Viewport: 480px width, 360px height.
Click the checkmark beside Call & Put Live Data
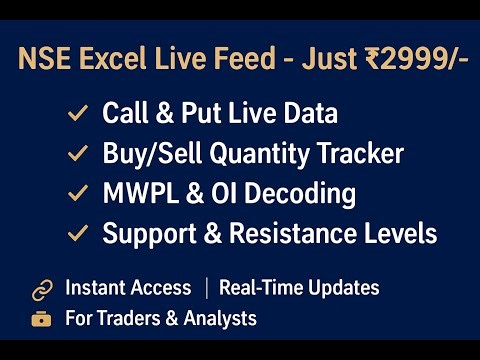pyautogui.click(x=77, y=114)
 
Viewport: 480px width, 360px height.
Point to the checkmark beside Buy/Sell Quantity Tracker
pyautogui.click(x=77, y=154)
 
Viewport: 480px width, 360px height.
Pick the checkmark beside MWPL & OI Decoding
pyautogui.click(x=77, y=194)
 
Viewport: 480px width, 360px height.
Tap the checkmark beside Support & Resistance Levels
pyautogui.click(x=77, y=234)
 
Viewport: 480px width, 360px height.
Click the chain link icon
pyautogui.click(x=42, y=290)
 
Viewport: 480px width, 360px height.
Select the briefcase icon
pyautogui.click(x=42, y=319)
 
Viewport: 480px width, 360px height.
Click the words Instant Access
pyautogui.click(x=128, y=288)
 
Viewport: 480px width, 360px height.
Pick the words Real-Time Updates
pyautogui.click(x=299, y=288)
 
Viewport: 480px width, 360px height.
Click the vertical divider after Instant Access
pyautogui.click(x=205, y=288)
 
